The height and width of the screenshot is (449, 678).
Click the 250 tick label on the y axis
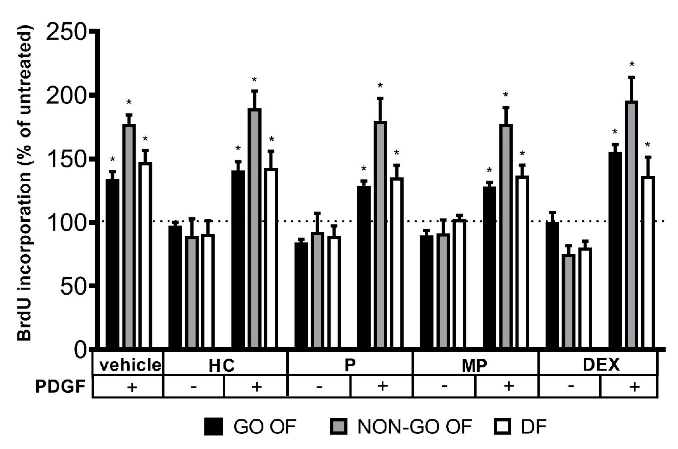point(66,33)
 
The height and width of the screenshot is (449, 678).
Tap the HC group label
point(221,365)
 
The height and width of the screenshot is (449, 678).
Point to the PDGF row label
point(60,387)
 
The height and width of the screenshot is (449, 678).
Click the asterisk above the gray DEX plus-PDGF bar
point(632,65)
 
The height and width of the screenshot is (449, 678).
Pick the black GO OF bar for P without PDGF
point(301,295)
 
